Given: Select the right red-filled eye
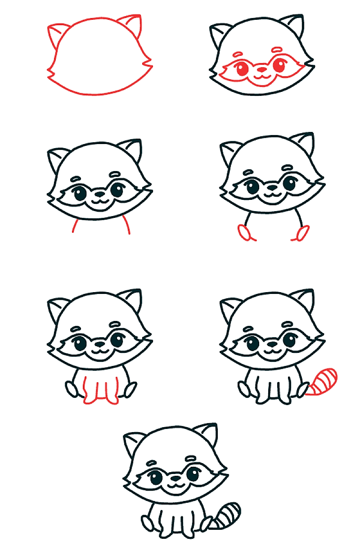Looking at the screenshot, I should pos(279,66).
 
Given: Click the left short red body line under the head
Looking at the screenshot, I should pos(75,226).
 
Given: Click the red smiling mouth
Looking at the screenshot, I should pos(262,77).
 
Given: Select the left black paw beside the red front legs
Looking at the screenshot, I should pos(72,388).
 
